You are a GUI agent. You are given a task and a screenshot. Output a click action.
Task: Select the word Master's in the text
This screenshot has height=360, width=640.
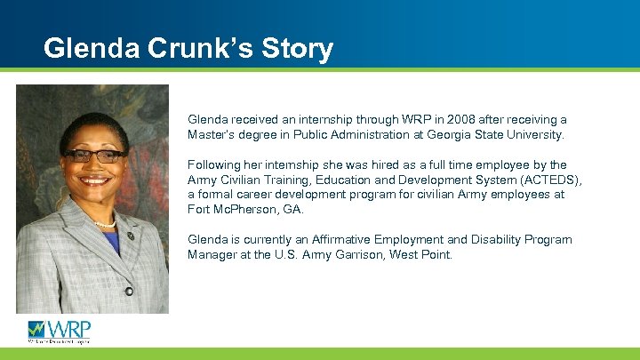point(211,135)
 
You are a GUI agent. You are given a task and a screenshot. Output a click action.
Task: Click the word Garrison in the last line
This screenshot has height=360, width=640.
point(379,255)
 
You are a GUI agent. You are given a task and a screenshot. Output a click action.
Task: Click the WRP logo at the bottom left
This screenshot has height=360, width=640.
point(59,331)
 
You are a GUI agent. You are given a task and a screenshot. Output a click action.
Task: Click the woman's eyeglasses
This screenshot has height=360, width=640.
point(93,155)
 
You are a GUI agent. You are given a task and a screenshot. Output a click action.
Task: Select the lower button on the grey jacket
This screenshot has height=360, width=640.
point(129,291)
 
